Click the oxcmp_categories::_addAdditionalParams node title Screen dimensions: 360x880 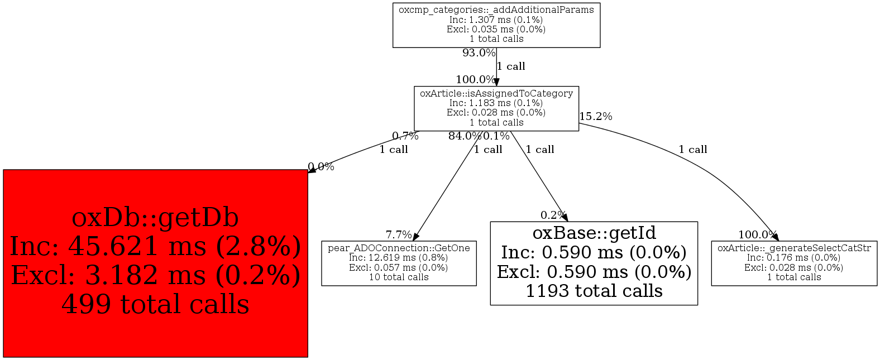[496, 10]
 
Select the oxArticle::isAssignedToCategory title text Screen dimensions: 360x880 [496, 94]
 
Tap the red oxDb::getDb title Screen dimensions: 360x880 [155, 218]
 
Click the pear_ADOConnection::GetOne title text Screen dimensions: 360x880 [399, 248]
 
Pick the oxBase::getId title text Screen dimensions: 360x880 [594, 233]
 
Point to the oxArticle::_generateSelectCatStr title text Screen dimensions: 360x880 [794, 248]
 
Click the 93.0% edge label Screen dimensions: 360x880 [479, 53]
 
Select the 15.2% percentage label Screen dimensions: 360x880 [595, 117]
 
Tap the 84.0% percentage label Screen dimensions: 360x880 [464, 136]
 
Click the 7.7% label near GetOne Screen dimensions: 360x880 [398, 235]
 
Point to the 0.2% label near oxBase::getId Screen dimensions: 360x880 [553, 215]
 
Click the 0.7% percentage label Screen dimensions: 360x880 [405, 136]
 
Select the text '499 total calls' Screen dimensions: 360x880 [155, 305]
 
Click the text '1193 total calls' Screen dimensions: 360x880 [594, 291]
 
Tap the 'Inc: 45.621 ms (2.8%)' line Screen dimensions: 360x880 [155, 247]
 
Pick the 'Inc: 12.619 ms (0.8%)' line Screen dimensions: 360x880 [399, 258]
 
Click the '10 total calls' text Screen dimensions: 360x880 [399, 277]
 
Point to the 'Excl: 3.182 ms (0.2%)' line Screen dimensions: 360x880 [155, 276]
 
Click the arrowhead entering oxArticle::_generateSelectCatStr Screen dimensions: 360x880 [776, 237]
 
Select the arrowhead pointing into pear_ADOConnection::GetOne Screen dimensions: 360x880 [415, 237]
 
